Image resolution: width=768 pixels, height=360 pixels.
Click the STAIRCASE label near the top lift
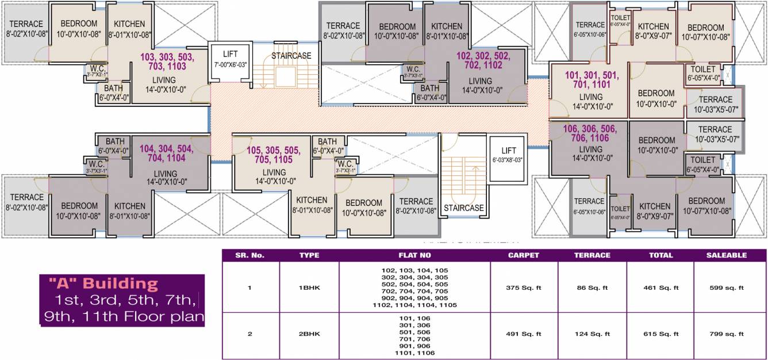pyautogui.click(x=291, y=56)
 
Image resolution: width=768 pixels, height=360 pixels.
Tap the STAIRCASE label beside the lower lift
pyautogui.click(x=464, y=208)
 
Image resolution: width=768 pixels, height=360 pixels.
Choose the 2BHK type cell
pyautogui.click(x=309, y=334)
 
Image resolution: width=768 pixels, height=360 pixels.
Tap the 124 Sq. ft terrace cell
pyautogui.click(x=592, y=334)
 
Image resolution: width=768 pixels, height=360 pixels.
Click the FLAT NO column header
pyautogui.click(x=414, y=255)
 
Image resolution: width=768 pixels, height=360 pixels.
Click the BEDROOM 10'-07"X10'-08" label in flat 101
pyautogui.click(x=705, y=32)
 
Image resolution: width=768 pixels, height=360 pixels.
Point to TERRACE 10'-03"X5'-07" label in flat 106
pyautogui.click(x=715, y=134)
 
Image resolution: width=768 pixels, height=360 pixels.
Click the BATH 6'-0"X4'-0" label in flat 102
pyautogui.click(x=430, y=93)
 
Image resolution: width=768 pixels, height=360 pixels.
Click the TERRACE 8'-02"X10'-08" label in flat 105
pyautogui.click(x=416, y=206)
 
